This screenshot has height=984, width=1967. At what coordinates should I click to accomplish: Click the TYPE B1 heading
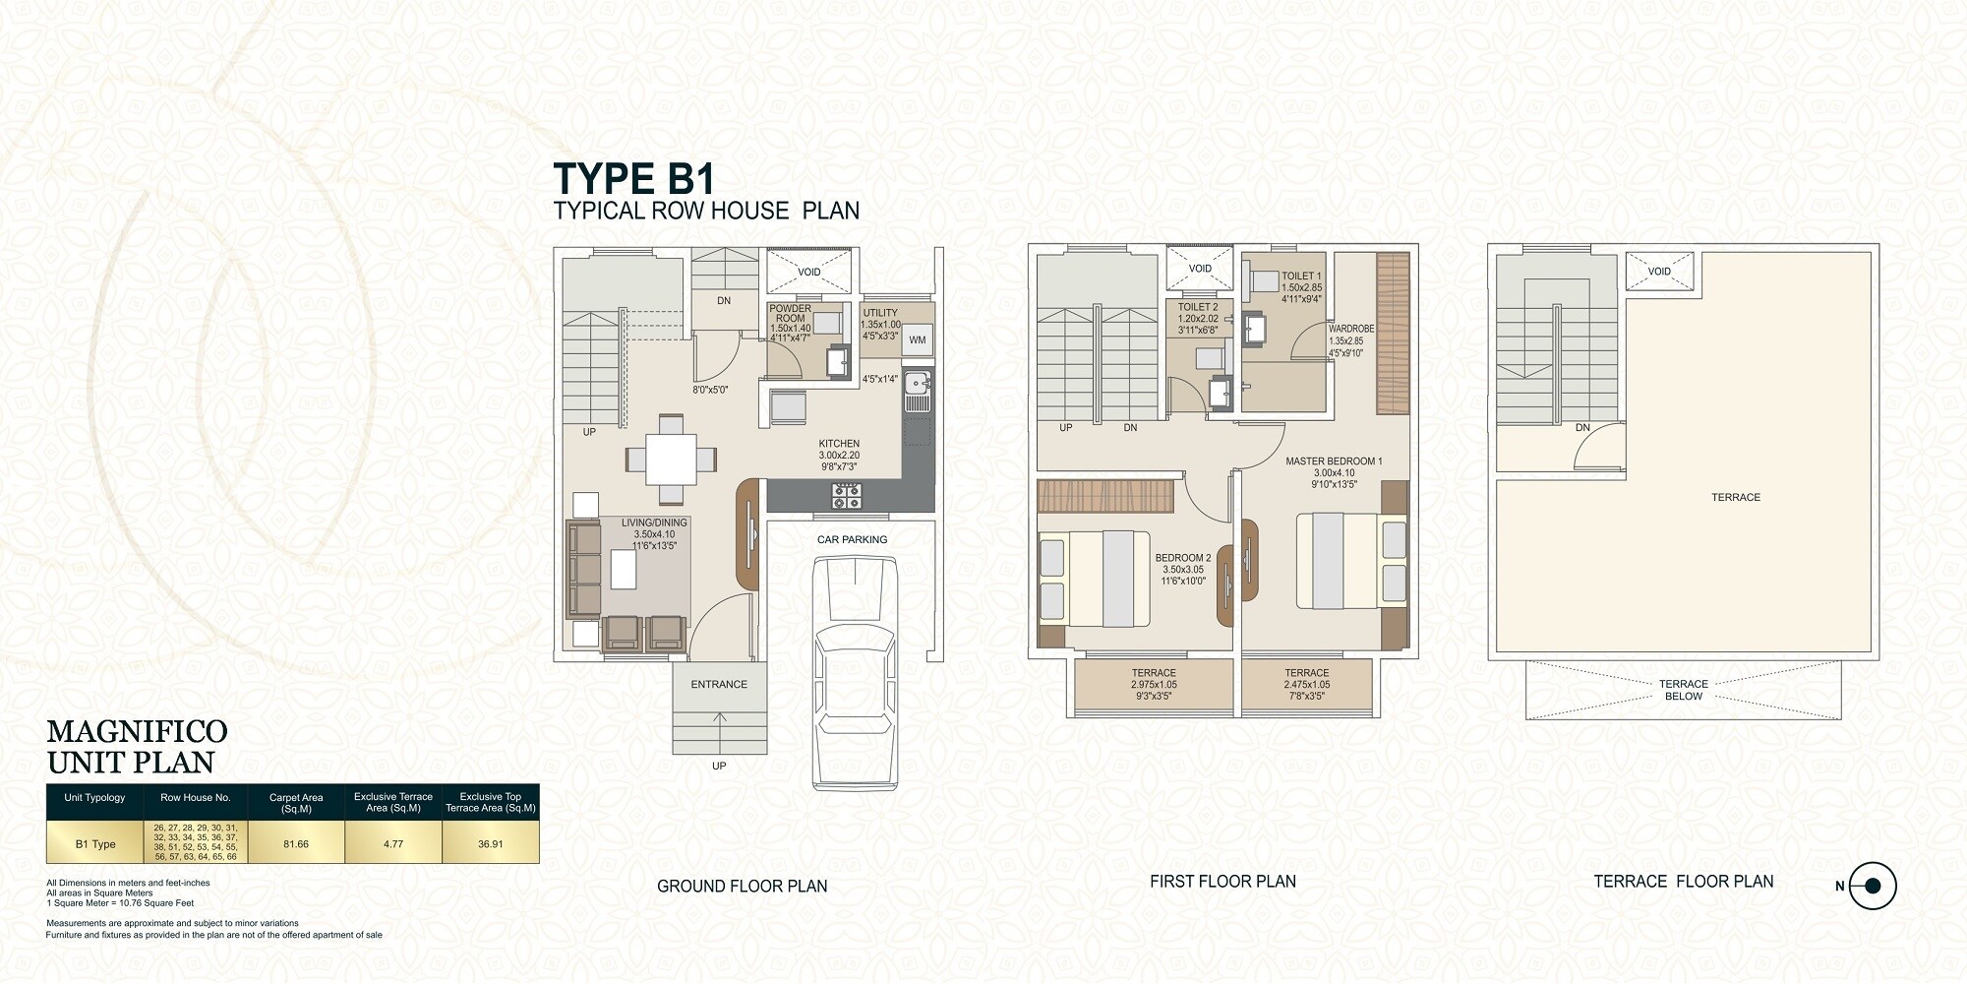633,179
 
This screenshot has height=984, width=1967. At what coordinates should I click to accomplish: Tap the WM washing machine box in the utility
917,339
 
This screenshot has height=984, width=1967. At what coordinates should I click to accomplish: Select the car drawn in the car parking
855,673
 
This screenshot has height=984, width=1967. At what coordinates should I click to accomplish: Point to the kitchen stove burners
847,496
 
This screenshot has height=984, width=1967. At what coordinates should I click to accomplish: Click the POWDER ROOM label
790,313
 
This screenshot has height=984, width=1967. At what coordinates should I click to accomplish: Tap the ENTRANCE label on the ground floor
719,685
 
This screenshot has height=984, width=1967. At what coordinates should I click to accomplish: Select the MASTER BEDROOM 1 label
1334,461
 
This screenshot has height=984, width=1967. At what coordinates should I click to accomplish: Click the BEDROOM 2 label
1182,558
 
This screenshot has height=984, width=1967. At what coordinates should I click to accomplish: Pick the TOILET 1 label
1301,277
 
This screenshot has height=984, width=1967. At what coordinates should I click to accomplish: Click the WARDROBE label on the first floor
1350,329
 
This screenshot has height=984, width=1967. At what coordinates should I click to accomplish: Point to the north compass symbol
1872,886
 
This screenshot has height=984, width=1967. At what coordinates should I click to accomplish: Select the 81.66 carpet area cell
296,844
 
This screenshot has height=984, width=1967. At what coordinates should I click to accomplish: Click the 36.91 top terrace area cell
490,844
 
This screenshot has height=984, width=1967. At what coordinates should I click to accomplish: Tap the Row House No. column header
195,798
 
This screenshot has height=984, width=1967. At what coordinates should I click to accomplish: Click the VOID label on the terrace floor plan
1659,272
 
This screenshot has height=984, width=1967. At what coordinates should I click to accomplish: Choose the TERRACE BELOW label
1683,690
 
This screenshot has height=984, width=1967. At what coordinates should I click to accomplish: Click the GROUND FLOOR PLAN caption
742,887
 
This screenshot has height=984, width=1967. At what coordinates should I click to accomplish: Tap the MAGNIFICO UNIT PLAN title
137,747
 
